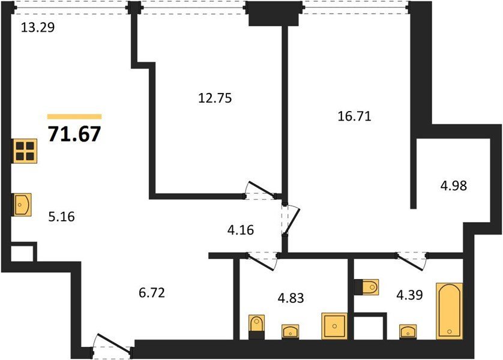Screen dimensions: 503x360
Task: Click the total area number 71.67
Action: click(x=74, y=134)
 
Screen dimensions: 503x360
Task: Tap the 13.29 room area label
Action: click(x=38, y=28)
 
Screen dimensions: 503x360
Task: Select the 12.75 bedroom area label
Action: click(x=215, y=98)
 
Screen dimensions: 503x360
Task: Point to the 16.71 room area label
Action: click(x=355, y=116)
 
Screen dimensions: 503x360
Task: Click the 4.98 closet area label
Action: click(x=454, y=185)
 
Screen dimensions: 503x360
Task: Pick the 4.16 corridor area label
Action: click(x=241, y=230)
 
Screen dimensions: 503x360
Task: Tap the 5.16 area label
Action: click(x=62, y=217)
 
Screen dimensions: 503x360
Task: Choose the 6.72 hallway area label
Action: click(x=152, y=293)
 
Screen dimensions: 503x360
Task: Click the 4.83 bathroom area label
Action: click(x=291, y=298)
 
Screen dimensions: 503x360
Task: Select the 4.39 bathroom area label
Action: click(x=409, y=295)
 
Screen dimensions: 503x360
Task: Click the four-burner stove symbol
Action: click(x=25, y=151)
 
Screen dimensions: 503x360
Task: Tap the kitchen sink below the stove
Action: click(x=22, y=205)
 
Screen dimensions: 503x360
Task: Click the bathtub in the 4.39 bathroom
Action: click(x=450, y=311)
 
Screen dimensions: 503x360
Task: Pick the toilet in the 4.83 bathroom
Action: click(x=257, y=327)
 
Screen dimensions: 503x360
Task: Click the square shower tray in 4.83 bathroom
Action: click(x=334, y=326)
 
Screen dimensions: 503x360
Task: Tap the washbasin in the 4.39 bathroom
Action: click(x=408, y=331)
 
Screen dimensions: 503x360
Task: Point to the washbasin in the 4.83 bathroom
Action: click(x=291, y=331)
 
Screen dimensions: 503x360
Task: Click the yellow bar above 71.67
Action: click(x=74, y=116)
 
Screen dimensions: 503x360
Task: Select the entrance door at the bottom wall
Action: click(x=112, y=346)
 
